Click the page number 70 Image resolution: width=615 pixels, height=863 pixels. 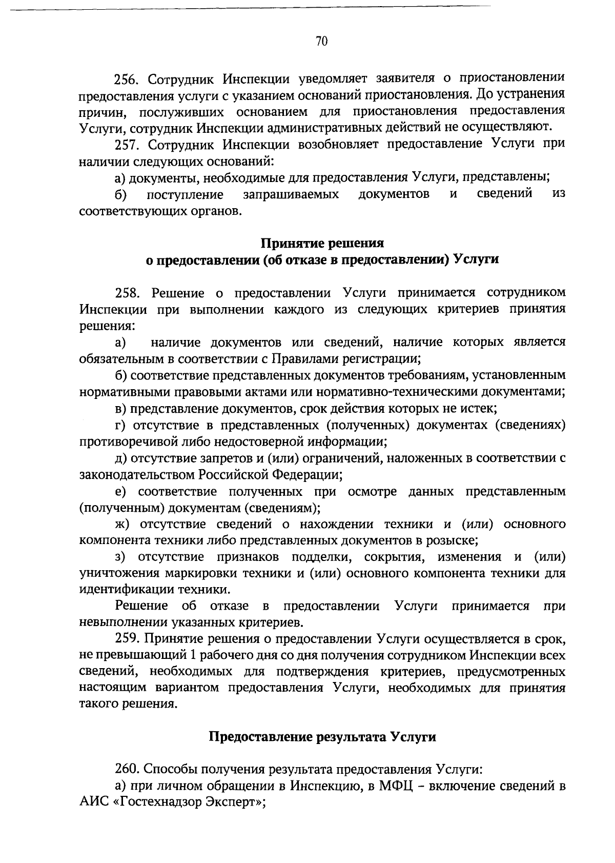coord(321,42)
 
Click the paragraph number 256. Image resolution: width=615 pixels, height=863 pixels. coord(126,79)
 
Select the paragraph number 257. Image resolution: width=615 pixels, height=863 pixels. coord(126,145)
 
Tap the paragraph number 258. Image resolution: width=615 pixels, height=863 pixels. coord(127,293)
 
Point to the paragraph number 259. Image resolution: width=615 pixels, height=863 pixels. coord(127,639)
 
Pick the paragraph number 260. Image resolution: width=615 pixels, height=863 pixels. coord(127,769)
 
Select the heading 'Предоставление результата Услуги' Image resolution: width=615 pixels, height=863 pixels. coord(322,737)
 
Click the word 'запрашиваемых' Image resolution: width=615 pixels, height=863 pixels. coord(291,194)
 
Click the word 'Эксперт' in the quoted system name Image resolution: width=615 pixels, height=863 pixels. coord(232,802)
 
